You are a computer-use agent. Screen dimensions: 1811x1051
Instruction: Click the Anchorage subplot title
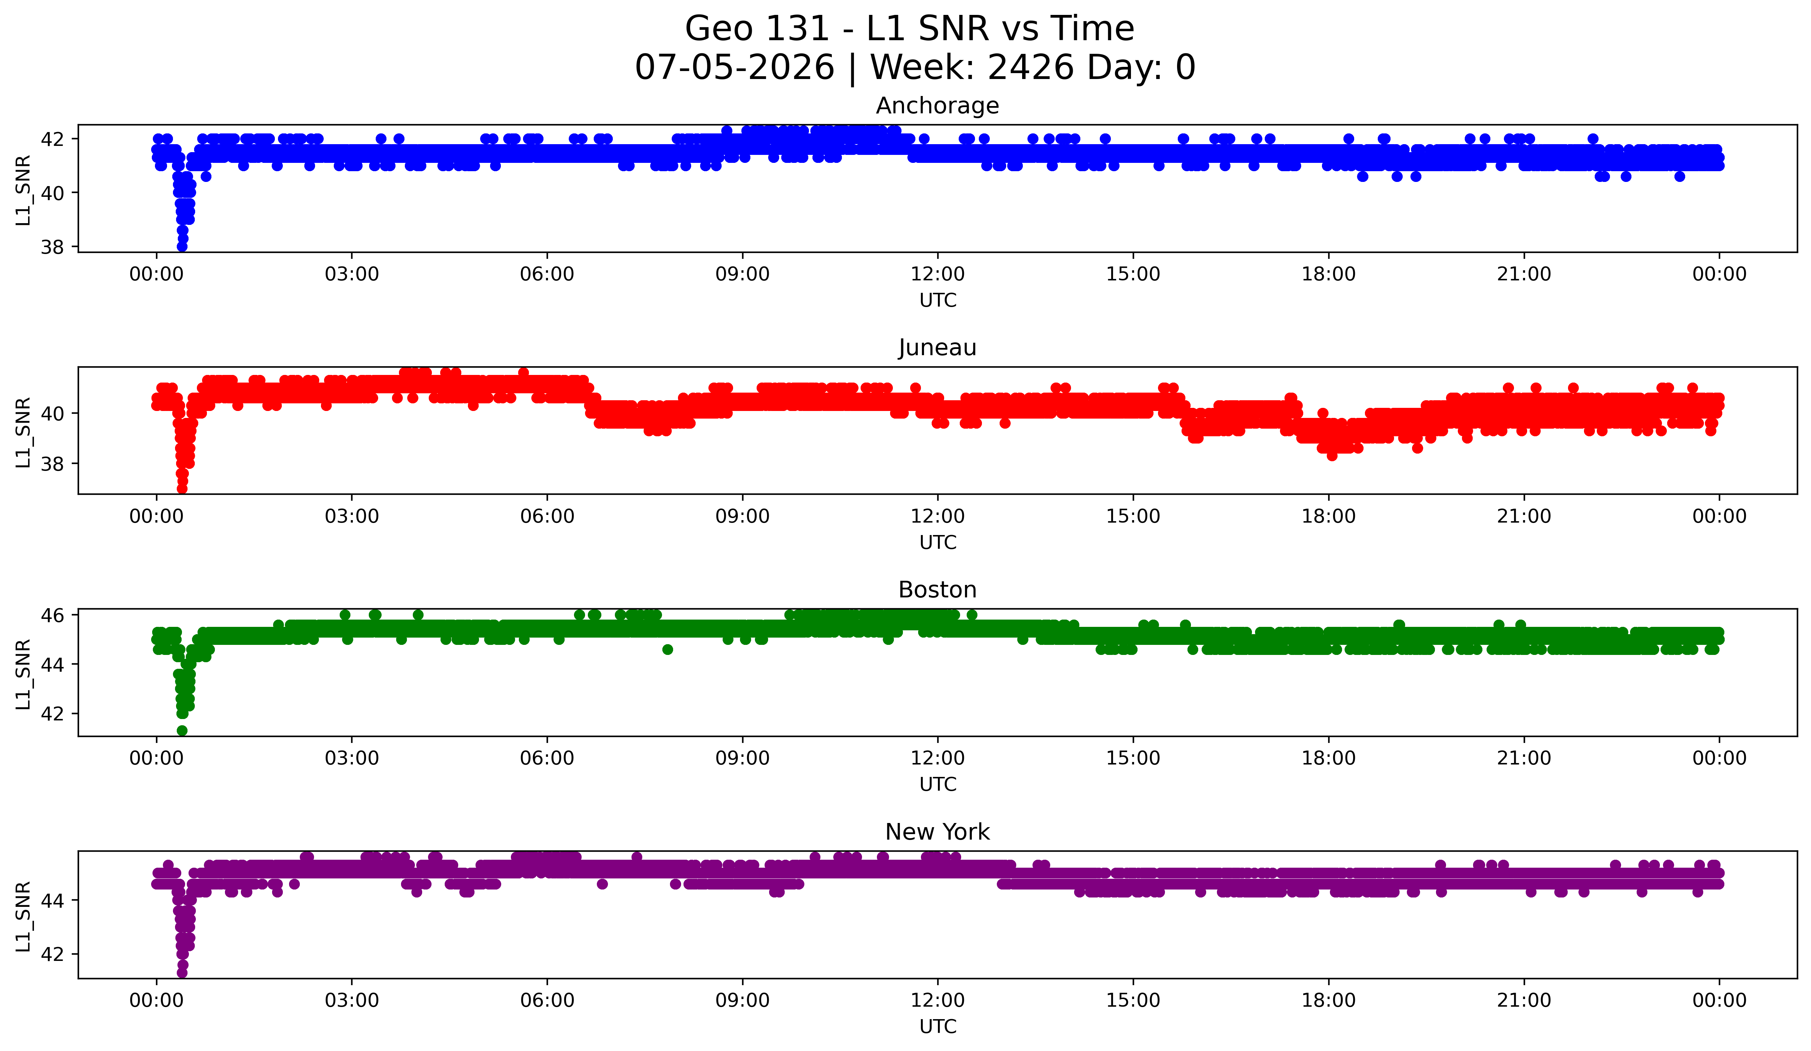click(x=937, y=106)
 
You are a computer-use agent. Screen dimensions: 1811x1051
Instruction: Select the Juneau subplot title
click(x=937, y=348)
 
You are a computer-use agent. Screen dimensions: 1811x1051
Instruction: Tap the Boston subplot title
click(x=937, y=590)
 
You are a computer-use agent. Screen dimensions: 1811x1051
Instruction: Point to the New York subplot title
click(x=937, y=832)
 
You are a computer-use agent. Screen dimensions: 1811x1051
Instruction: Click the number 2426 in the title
click(x=1030, y=68)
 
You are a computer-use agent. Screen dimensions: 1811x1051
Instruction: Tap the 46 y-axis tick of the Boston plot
click(x=52, y=615)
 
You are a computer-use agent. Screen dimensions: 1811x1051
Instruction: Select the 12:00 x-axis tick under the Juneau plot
click(x=937, y=516)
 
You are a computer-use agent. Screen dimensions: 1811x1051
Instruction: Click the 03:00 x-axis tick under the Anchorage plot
click(x=351, y=274)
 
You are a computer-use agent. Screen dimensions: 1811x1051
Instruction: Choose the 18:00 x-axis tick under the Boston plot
click(x=1328, y=758)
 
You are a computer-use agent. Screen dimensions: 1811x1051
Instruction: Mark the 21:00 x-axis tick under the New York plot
click(x=1524, y=1000)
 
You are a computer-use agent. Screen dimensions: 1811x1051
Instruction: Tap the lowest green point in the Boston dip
click(x=182, y=730)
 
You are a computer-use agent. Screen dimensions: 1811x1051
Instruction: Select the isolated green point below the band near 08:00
click(x=668, y=649)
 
